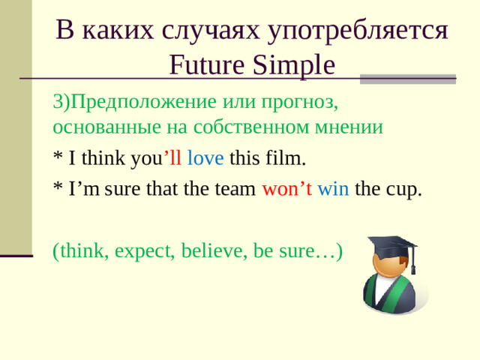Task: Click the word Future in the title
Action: point(201,66)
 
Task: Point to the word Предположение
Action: point(142,100)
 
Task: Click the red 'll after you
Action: point(172,158)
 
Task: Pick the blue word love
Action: point(205,158)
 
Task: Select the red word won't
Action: point(286,188)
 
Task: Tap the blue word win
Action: point(334,188)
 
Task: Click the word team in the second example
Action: point(238,188)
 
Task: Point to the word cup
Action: point(405,188)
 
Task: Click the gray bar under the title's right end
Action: point(408,78)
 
